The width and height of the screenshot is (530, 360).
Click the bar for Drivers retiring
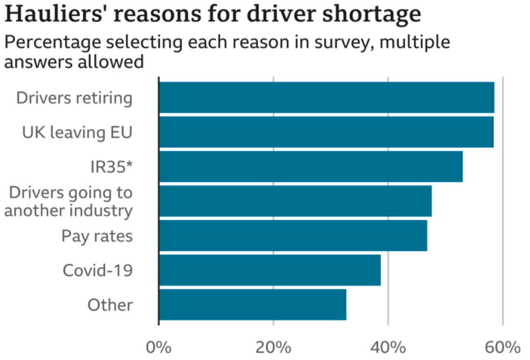326,98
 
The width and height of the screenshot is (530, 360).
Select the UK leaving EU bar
326,132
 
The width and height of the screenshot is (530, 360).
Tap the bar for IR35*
311,167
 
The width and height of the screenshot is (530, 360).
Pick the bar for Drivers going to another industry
295,201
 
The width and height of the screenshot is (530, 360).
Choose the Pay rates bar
292,236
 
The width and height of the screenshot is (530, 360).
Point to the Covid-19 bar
270,270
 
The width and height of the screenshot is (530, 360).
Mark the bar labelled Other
252,304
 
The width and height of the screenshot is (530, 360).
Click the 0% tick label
159,348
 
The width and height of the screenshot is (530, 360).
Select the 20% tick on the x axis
274,348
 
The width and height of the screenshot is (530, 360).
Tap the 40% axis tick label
388,348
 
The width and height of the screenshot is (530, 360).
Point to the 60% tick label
503,348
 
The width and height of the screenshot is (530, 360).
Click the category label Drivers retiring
74,98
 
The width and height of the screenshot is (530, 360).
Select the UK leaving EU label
78,132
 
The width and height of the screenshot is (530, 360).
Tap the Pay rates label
97,236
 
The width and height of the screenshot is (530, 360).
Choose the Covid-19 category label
98,270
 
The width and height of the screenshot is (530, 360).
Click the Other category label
110,304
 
